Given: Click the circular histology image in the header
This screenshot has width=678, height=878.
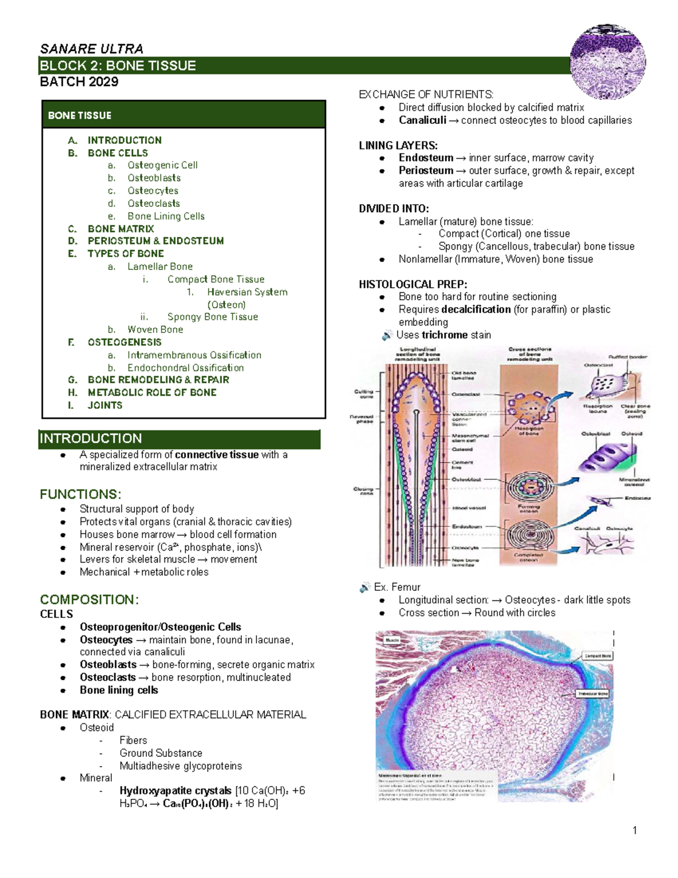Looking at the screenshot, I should pyautogui.click(x=607, y=62).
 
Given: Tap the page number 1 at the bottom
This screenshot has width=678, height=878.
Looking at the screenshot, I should pyautogui.click(x=634, y=830).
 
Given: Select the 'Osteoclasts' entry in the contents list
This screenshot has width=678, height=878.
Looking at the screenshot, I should pyautogui.click(x=154, y=204).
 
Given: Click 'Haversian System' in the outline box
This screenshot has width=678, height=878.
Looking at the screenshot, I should pyautogui.click(x=247, y=292).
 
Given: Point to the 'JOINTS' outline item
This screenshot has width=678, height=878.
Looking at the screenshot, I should pyautogui.click(x=105, y=405).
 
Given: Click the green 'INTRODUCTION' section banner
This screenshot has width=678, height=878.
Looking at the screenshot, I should pyautogui.click(x=179, y=439).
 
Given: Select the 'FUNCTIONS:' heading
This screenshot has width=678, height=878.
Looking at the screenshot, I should pyautogui.click(x=80, y=495).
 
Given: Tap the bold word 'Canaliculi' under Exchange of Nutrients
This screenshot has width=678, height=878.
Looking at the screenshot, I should pyautogui.click(x=423, y=120).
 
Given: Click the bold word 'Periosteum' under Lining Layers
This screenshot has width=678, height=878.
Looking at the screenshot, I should pyautogui.click(x=426, y=171).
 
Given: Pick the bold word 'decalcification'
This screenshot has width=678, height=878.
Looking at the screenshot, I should pyautogui.click(x=476, y=310).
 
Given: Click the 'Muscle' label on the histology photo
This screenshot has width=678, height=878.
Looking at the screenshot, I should pyautogui.click(x=392, y=640).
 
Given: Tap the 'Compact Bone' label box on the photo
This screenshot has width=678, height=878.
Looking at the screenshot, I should pyautogui.click(x=598, y=656).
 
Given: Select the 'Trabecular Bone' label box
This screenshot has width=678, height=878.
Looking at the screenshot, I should pyautogui.click(x=592, y=694).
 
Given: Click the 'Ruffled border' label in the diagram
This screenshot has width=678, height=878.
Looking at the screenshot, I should pyautogui.click(x=628, y=357).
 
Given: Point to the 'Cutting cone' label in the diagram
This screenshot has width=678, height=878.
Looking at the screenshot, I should pyautogui.click(x=364, y=394).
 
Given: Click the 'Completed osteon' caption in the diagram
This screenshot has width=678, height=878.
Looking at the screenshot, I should pyautogui.click(x=528, y=557).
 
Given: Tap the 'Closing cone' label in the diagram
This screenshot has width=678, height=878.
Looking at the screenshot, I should pyautogui.click(x=363, y=490).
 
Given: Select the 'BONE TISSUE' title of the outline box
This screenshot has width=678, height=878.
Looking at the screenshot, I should pyautogui.click(x=80, y=116).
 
